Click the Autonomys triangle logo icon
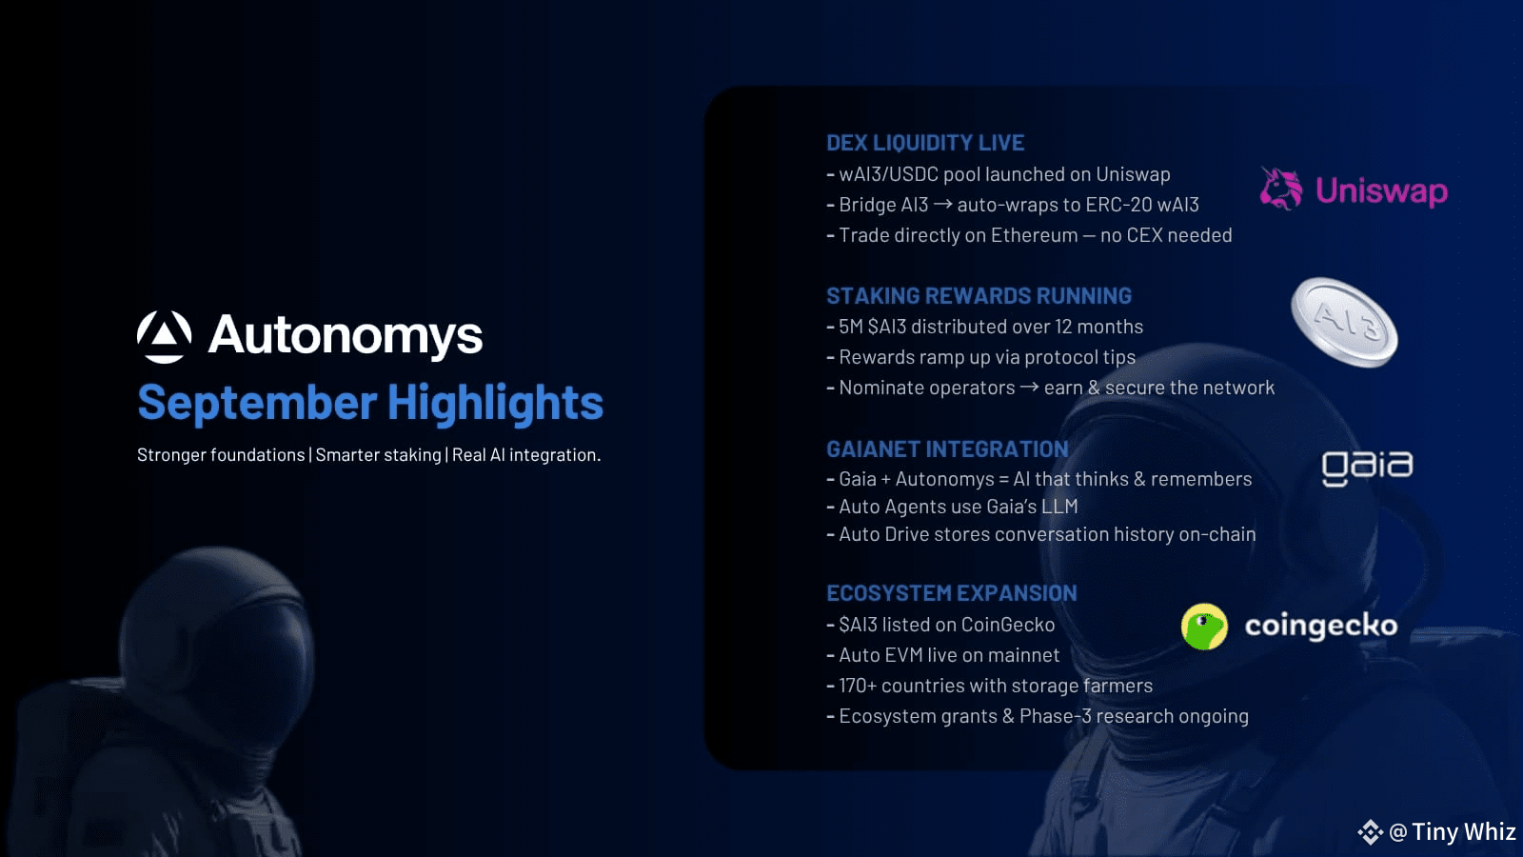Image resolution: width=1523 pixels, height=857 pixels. pyautogui.click(x=164, y=337)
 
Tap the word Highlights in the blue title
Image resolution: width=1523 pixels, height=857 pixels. pyautogui.click(x=495, y=404)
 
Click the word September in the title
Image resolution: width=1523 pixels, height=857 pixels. pyautogui.click(x=257, y=404)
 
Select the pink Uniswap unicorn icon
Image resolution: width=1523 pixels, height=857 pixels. pyautogui.click(x=1281, y=189)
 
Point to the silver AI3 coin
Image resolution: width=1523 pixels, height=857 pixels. pyautogui.click(x=1344, y=323)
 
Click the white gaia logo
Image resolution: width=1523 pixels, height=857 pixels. pyautogui.click(x=1367, y=468)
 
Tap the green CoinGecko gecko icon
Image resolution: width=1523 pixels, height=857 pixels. pyautogui.click(x=1204, y=627)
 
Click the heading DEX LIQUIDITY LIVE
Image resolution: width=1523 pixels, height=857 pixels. pyautogui.click(x=925, y=143)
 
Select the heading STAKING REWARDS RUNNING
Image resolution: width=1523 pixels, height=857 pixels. pyautogui.click(x=979, y=296)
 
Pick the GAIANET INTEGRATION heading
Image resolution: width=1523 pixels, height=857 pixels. pyautogui.click(x=947, y=448)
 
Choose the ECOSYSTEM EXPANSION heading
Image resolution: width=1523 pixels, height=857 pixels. pyautogui.click(x=951, y=593)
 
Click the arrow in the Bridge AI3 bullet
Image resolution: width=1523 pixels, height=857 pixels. pyautogui.click(x=942, y=204)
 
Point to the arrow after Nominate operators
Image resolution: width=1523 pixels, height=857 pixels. pyautogui.click(x=1029, y=387)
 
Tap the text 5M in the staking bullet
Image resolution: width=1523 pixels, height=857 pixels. pyautogui.click(x=851, y=327)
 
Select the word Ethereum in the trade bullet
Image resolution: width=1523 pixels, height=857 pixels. pyautogui.click(x=1034, y=235)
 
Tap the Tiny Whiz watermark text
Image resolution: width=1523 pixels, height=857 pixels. pyautogui.click(x=1463, y=832)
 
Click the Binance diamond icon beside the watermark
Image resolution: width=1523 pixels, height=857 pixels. pyautogui.click(x=1370, y=832)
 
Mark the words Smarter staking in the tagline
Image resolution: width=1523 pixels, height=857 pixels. pyautogui.click(x=378, y=455)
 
